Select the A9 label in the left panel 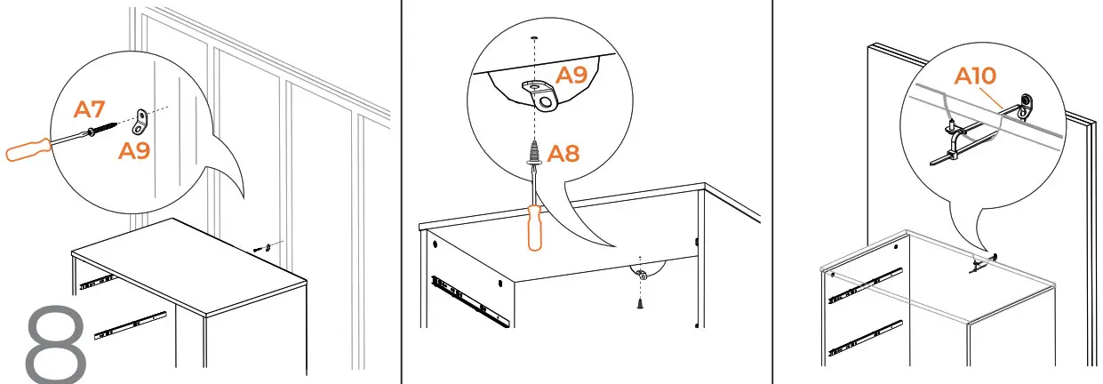click(135, 150)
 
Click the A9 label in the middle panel click(571, 76)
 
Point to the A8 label click(563, 153)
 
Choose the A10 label click(975, 76)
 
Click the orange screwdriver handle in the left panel click(27, 148)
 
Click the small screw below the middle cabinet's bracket click(639, 302)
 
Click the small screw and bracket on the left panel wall click(263, 246)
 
